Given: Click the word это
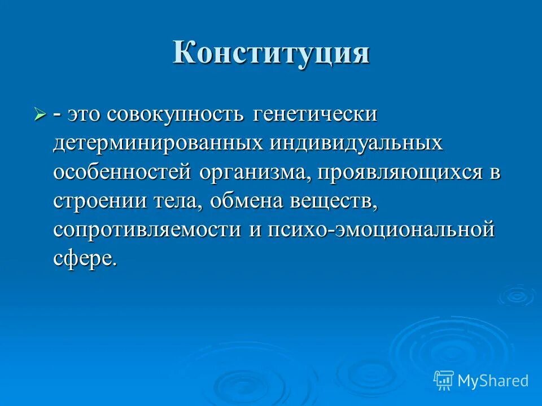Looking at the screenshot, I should coord(85,115).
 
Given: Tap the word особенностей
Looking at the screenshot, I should coord(123,172).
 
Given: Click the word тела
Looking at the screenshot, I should coord(171,201).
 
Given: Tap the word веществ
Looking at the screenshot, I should coord(334,201).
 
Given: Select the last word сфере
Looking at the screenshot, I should coord(85,259).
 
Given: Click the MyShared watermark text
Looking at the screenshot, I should coord(493,381).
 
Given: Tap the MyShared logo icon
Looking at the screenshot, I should coord(444,380).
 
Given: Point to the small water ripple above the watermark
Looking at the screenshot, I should coord(515,294).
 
